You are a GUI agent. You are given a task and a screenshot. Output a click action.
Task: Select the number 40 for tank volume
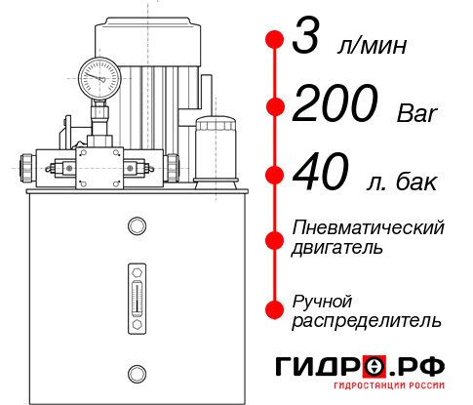point(320,177)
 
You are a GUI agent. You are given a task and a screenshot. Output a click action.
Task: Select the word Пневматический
point(369,227)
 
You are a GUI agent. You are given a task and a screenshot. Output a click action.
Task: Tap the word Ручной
point(322,300)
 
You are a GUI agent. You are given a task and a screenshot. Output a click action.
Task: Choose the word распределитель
point(367,320)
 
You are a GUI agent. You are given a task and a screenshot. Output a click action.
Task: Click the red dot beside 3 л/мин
point(274,40)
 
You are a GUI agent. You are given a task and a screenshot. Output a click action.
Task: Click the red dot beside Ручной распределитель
point(274,309)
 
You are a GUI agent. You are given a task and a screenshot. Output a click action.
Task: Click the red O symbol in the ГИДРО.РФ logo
point(374,367)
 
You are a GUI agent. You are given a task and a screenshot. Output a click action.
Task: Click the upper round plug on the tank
point(136,227)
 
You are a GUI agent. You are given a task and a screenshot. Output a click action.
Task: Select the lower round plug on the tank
point(136,371)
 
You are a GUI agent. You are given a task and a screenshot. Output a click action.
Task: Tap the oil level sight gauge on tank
point(136,294)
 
